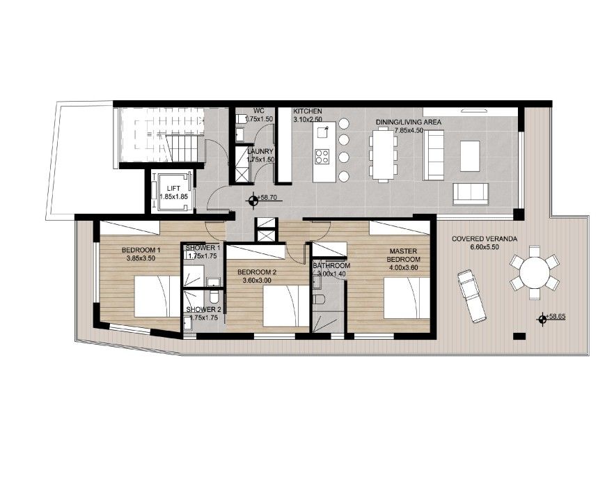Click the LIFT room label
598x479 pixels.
[x=173, y=189]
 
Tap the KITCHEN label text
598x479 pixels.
[x=308, y=111]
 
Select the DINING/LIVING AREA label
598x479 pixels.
[x=409, y=122]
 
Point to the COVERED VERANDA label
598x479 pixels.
[x=485, y=239]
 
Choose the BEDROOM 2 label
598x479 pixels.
[x=257, y=272]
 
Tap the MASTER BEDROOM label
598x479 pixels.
[x=404, y=255]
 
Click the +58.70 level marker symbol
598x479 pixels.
[x=253, y=201]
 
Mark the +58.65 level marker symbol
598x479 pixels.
[x=542, y=319]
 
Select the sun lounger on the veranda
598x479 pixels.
[x=472, y=297]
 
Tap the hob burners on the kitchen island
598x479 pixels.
[x=322, y=157]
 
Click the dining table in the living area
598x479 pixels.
[x=384, y=155]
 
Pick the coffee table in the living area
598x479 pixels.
[x=470, y=156]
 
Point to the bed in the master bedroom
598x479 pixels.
[x=407, y=298]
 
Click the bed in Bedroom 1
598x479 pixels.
[x=157, y=297]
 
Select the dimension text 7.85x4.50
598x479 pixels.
[x=409, y=130]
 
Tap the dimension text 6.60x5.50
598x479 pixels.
[x=485, y=246]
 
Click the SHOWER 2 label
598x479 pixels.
[x=204, y=310]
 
